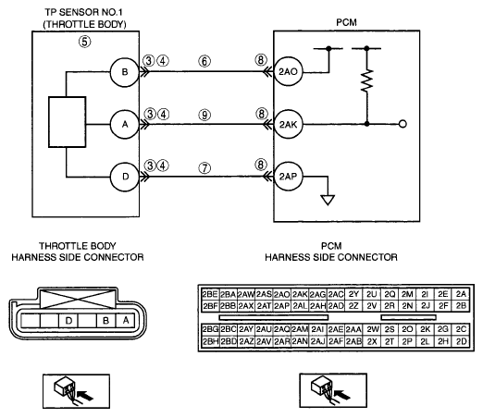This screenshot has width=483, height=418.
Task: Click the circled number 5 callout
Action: (x=85, y=42)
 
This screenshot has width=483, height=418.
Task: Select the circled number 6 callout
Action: (x=204, y=61)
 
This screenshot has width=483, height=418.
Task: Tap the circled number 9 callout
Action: (x=204, y=116)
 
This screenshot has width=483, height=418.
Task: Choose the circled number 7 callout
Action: (x=204, y=168)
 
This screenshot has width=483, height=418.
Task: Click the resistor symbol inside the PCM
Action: (x=366, y=80)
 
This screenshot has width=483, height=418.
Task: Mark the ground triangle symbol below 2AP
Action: (x=328, y=200)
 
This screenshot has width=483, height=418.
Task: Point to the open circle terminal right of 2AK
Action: (x=402, y=124)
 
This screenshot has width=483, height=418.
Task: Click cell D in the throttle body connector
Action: (x=68, y=321)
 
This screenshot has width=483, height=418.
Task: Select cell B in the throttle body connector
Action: (x=106, y=321)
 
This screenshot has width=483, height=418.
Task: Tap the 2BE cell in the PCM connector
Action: (x=210, y=294)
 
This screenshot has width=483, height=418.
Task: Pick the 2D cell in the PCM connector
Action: (x=461, y=341)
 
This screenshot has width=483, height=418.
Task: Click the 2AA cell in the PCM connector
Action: (x=353, y=329)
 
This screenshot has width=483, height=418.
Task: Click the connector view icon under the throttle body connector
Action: (x=76, y=391)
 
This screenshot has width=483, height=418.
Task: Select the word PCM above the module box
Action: (x=346, y=22)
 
